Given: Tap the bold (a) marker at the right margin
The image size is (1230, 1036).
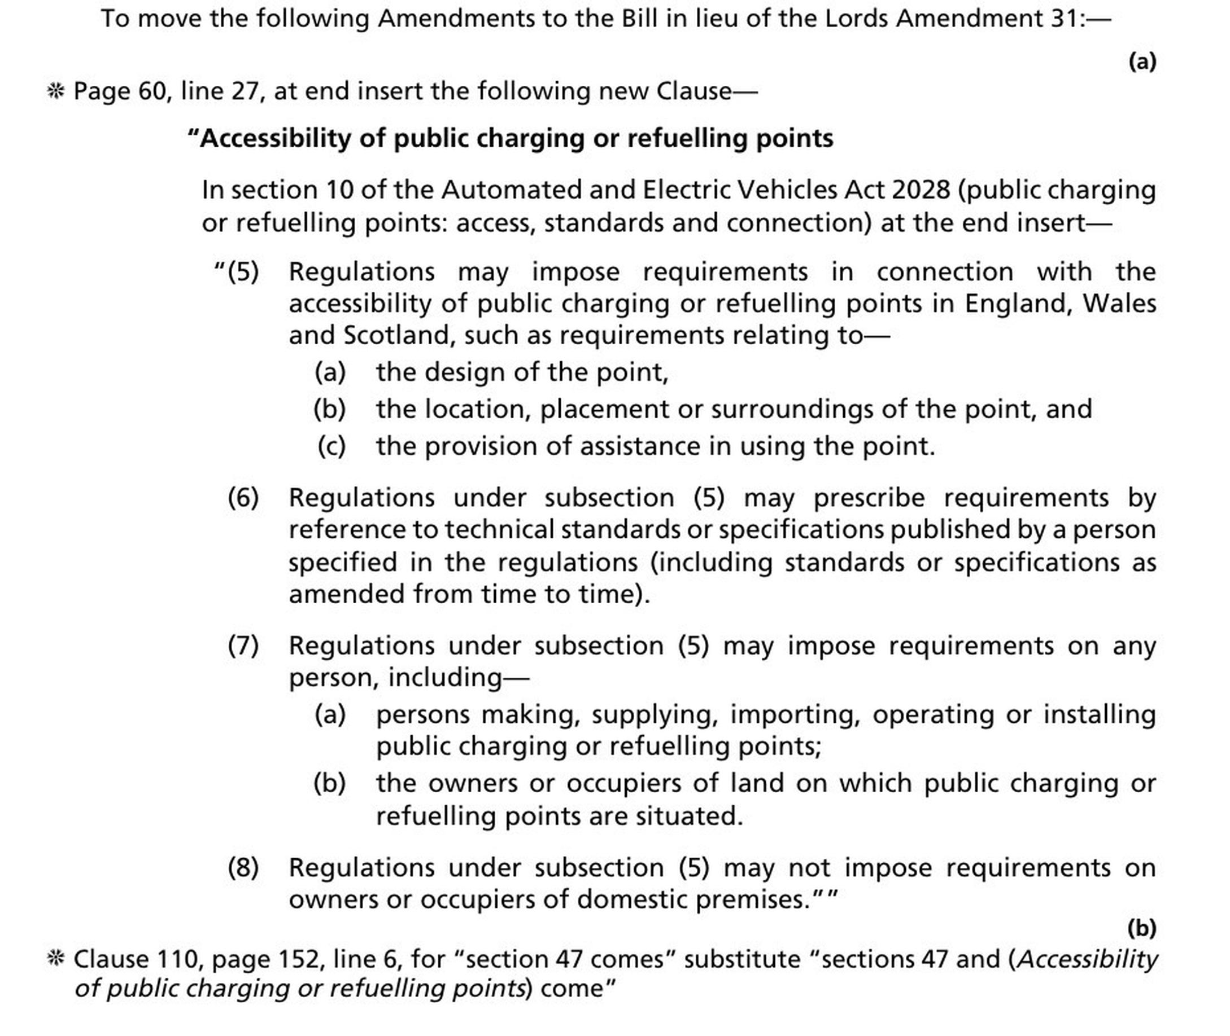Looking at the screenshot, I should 1142,61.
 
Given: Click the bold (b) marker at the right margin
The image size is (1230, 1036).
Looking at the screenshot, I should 1142,928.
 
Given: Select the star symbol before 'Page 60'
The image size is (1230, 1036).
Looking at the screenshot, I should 55,91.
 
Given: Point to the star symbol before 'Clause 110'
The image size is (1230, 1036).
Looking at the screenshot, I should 55,959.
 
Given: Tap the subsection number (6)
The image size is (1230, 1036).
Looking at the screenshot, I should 243,498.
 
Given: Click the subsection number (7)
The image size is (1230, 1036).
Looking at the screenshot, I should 243,646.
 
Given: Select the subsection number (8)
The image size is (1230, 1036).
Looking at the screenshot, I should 243,867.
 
